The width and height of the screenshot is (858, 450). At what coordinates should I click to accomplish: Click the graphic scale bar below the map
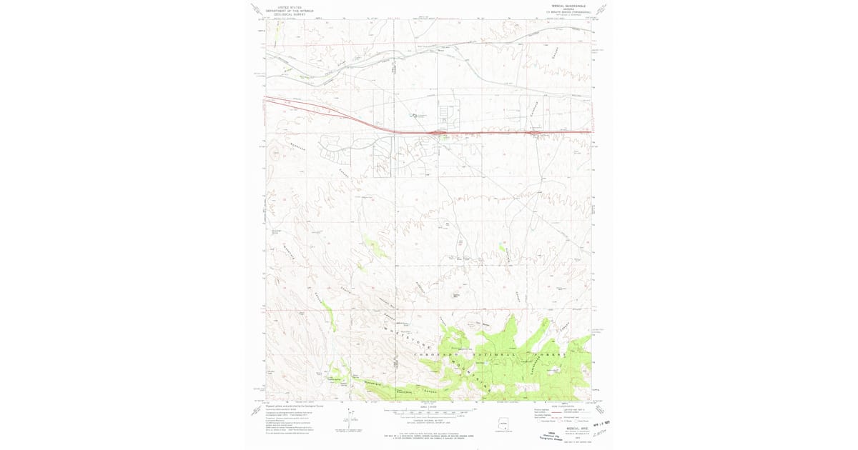[x=429, y=412]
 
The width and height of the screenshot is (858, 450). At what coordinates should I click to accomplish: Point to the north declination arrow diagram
[x=350, y=423]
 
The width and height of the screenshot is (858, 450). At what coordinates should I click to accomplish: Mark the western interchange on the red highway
[x=436, y=133]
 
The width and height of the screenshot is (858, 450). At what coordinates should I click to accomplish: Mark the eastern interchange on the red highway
[x=537, y=133]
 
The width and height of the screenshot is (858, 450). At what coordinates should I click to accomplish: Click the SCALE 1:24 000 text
[x=429, y=407]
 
